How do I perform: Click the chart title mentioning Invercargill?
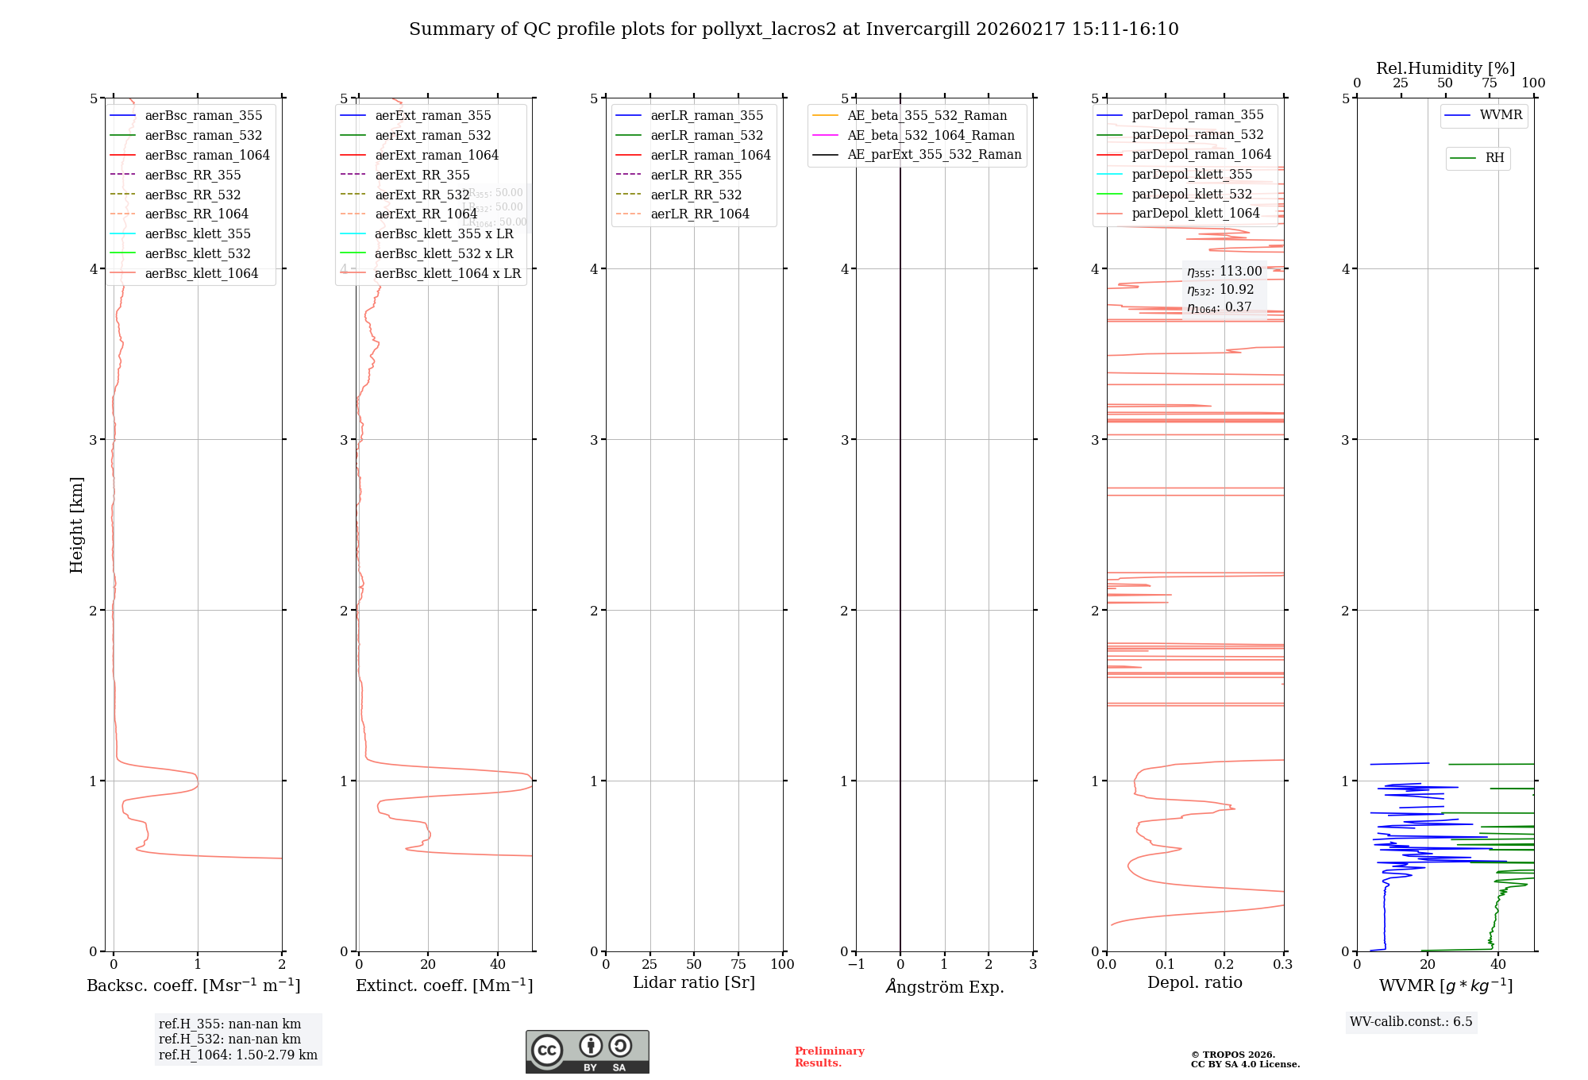793,29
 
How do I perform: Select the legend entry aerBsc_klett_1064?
201,273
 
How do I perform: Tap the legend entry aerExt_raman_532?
433,135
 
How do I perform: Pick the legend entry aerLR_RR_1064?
700,214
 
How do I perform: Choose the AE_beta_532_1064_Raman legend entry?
931,135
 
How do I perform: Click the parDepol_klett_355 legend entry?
1191,174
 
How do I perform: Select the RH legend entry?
1494,158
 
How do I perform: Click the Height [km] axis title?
76,524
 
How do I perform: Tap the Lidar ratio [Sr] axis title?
694,982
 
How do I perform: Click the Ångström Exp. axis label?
945,986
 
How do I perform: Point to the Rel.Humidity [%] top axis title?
1445,68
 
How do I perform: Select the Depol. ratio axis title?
1194,982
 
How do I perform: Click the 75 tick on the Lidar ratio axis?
738,964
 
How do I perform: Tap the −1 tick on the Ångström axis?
856,964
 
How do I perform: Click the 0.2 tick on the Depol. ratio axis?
1224,964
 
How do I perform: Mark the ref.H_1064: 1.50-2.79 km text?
237,1055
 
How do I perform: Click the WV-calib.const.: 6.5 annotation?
1411,1021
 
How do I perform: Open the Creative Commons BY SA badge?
587,1051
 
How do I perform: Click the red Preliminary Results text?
829,1056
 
